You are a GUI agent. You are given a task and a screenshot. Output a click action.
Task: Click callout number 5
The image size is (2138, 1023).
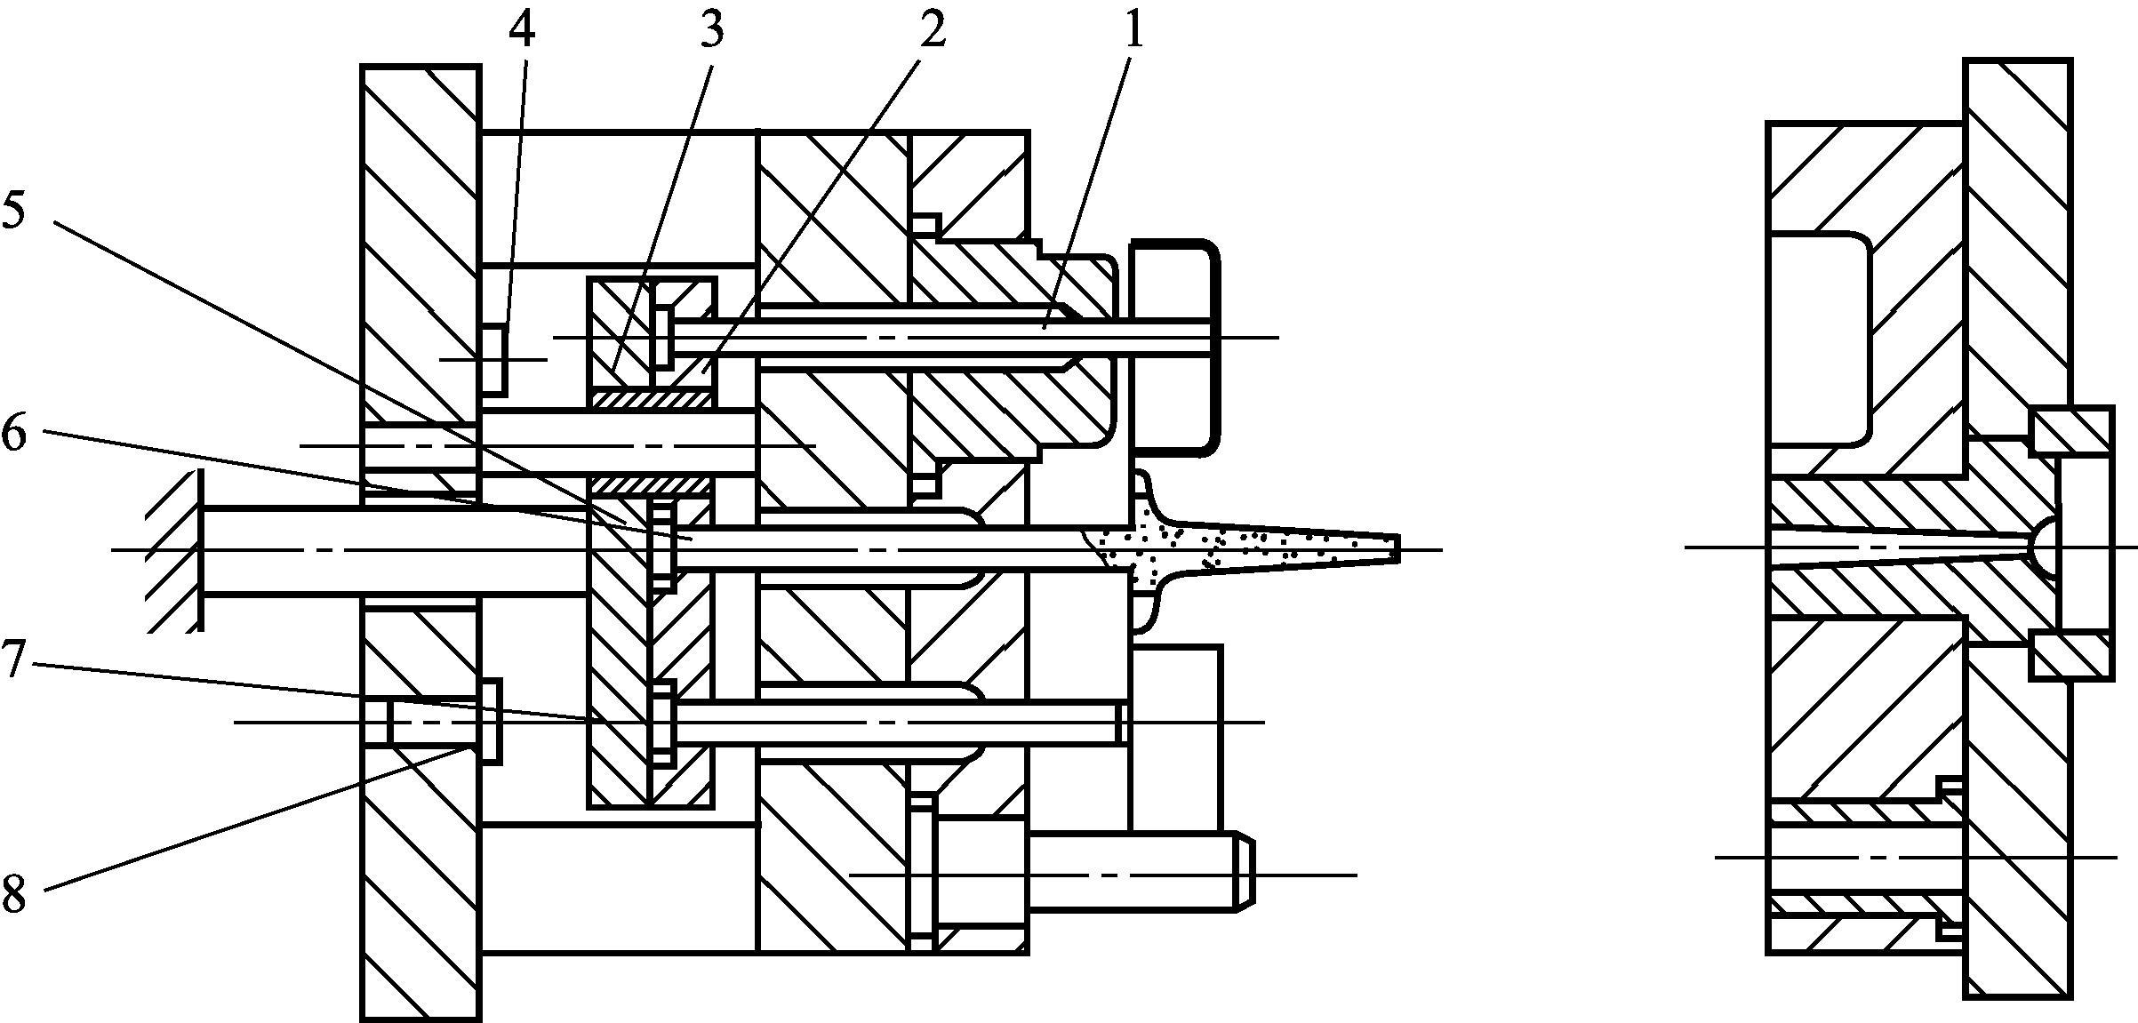coord(15,210)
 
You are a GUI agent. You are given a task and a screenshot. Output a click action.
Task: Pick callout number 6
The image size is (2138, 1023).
coord(15,435)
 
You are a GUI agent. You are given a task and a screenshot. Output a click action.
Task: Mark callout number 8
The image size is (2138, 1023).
coord(15,891)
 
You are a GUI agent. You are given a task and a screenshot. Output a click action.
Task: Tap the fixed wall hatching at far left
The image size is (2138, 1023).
coord(173,550)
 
